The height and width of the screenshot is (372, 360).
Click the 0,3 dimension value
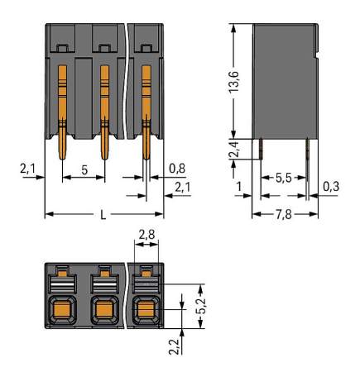tap(330, 186)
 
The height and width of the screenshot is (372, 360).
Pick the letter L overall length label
tap(103, 215)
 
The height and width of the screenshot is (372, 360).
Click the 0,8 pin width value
tap(175, 169)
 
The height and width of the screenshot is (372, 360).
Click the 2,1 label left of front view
tap(26, 169)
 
